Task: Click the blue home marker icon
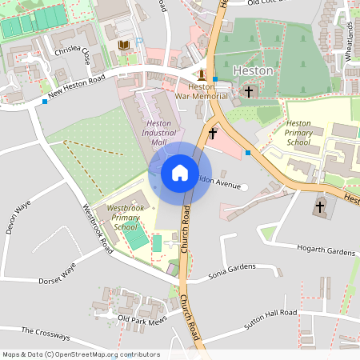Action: [x=179, y=171]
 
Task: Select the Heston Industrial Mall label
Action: [x=158, y=133]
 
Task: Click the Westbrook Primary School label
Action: [x=125, y=218]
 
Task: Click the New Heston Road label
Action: [x=76, y=88]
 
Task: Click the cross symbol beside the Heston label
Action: [x=248, y=92]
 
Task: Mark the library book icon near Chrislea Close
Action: [x=123, y=46]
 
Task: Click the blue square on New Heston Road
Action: [x=43, y=102]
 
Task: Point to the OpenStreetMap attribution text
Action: [x=81, y=354]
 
